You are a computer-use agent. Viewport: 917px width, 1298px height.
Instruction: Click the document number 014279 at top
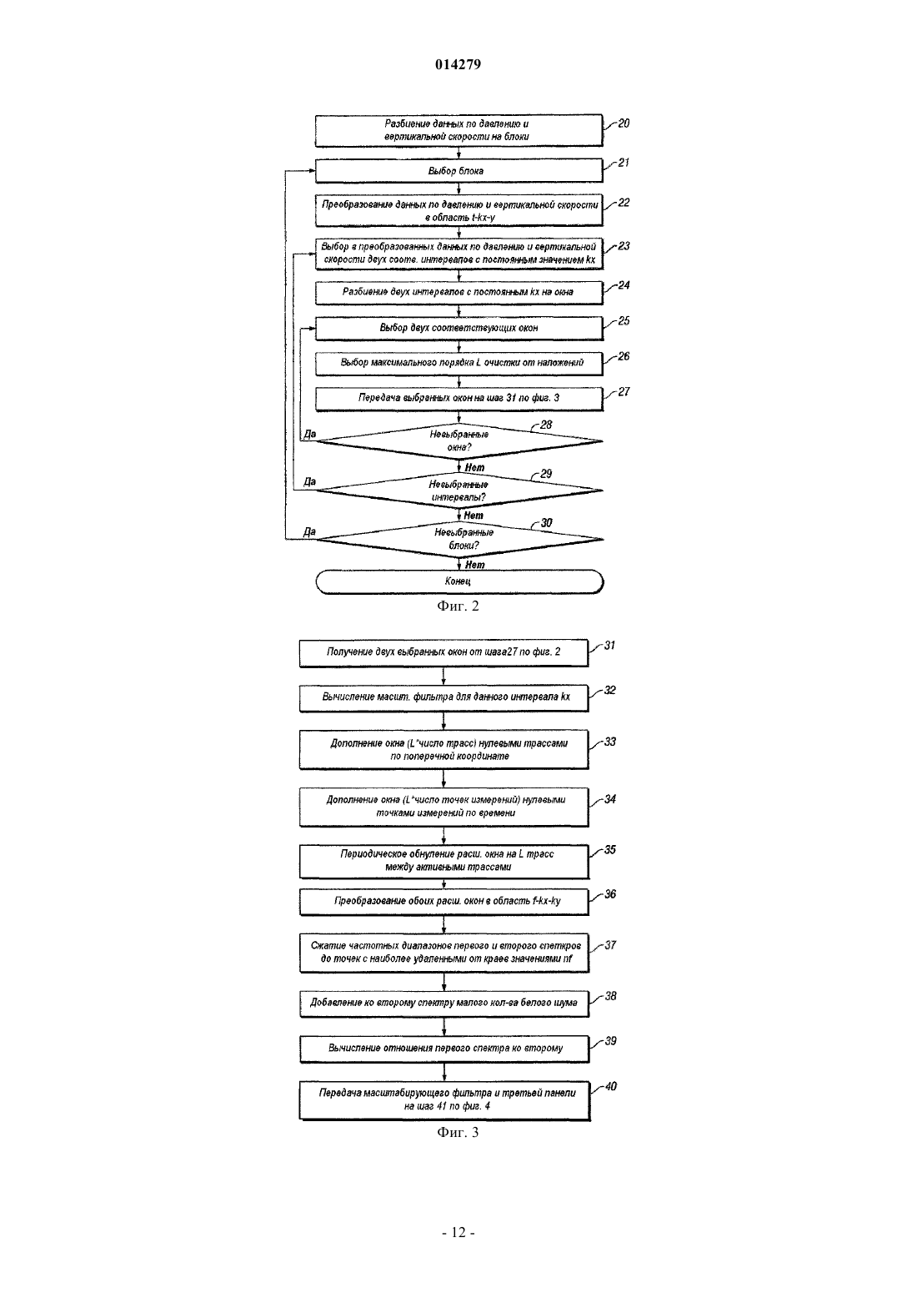pos(458,64)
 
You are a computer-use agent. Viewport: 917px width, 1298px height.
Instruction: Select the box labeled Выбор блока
pos(458,171)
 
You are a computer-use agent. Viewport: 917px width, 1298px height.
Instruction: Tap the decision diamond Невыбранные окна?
pos(459,441)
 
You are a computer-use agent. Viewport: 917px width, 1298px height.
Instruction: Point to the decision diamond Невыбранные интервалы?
pos(459,491)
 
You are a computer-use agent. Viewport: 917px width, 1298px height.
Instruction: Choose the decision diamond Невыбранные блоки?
pos(459,539)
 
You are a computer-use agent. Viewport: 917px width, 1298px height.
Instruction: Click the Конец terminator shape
pos(459,581)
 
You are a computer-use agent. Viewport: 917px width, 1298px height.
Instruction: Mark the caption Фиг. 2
pos(458,606)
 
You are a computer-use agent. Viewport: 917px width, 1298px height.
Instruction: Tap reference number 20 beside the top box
pos(624,123)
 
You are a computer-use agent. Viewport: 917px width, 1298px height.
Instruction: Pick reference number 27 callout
pos(624,392)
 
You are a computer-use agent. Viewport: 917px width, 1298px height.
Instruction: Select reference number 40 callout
pos(611,1086)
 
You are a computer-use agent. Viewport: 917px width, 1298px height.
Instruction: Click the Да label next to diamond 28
pos(310,434)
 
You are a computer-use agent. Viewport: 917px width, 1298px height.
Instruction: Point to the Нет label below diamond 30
pos(474,565)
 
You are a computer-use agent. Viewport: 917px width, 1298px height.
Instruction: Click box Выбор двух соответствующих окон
pos(459,328)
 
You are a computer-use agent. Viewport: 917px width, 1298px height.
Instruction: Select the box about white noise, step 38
pos(444,1004)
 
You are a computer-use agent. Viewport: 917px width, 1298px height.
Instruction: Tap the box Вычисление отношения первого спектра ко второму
pos(444,1049)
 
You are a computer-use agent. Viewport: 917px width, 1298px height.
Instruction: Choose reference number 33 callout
pos(609,742)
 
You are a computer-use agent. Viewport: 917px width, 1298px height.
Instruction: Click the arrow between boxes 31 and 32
pos(443,677)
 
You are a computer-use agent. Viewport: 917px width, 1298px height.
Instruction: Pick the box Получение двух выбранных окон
pos(443,653)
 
